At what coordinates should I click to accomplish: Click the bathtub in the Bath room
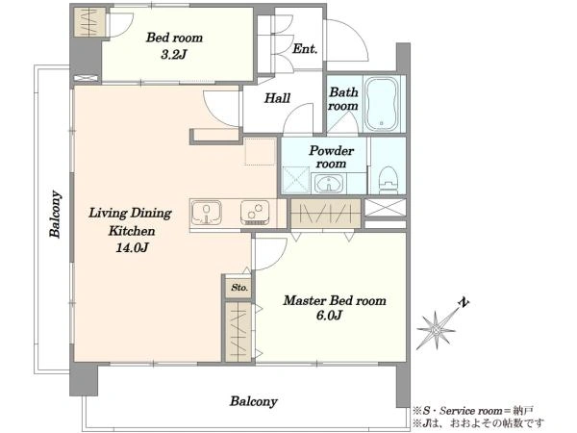tap(381, 104)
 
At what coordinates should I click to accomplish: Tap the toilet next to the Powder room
tap(389, 180)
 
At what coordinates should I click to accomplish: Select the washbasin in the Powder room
tap(328, 183)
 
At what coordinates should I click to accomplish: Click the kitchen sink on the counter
tap(207, 213)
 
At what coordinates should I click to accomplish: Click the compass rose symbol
tap(437, 329)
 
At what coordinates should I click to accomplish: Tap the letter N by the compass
tap(464, 303)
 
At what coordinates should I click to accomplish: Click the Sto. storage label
tap(239, 287)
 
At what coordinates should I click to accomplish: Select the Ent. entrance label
tap(305, 49)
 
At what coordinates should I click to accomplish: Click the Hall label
tap(278, 98)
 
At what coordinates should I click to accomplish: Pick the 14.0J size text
tap(132, 247)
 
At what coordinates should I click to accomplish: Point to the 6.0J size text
tap(330, 316)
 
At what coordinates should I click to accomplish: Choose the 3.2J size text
tap(174, 55)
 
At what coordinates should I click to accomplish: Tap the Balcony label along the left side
tap(55, 214)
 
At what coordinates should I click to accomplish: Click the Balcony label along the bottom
tap(254, 401)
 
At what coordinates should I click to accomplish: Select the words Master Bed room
tap(335, 300)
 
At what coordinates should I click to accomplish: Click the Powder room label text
tap(331, 157)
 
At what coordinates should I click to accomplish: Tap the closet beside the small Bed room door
tap(88, 22)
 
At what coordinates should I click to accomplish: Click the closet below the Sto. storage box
tap(238, 331)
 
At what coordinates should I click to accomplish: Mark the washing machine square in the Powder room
tap(296, 180)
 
